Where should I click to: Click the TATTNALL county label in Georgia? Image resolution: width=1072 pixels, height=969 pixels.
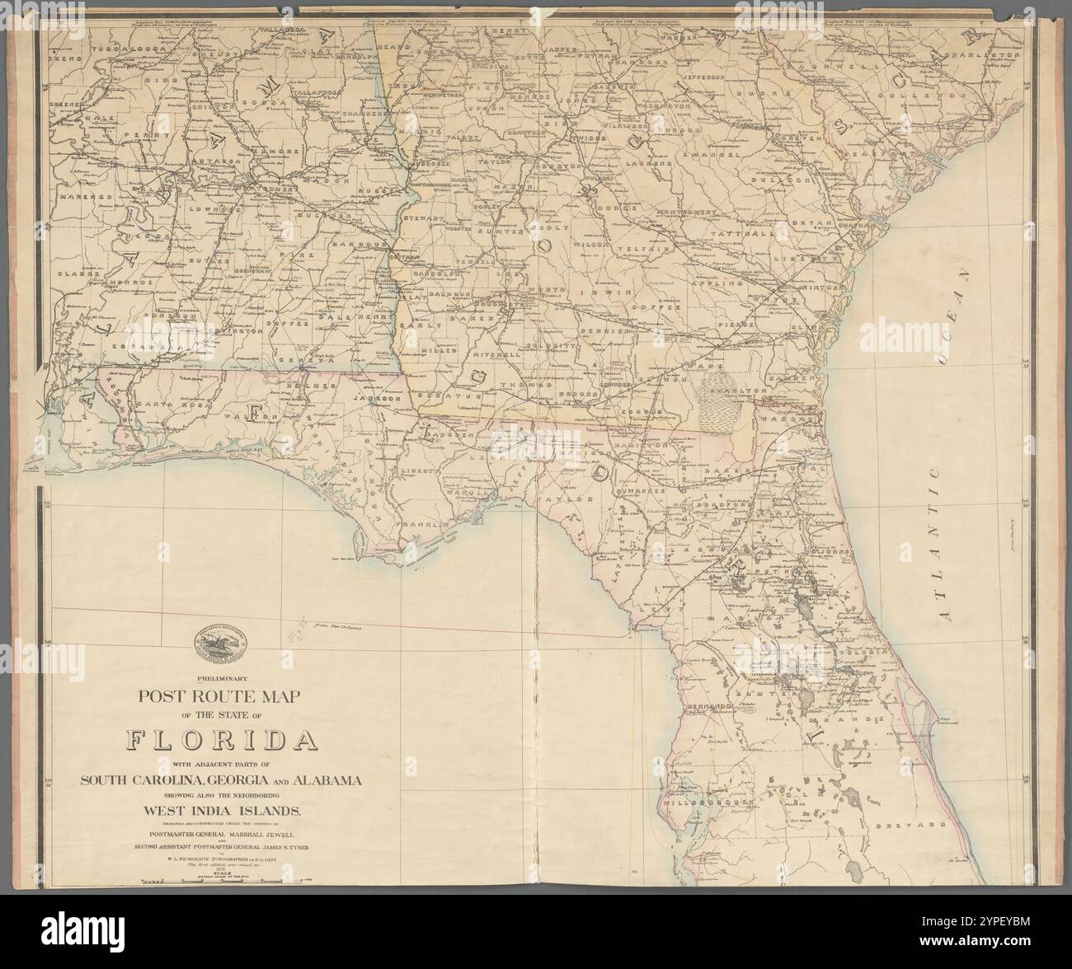click(x=771, y=233)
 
